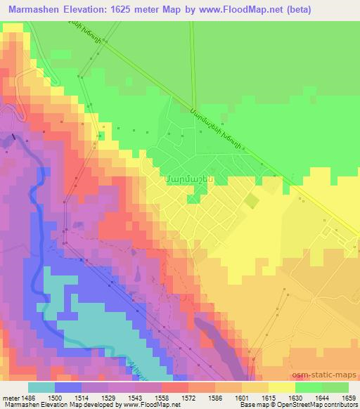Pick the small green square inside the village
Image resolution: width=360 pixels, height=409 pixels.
pyautogui.click(x=250, y=201)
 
